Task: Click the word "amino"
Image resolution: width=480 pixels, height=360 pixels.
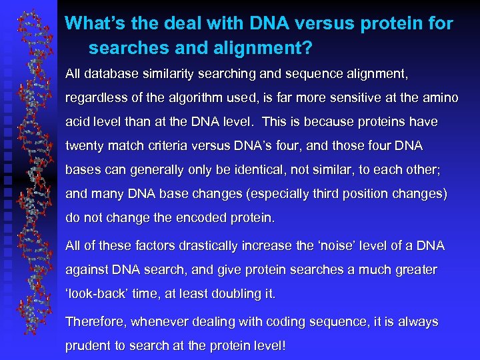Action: tap(437, 98)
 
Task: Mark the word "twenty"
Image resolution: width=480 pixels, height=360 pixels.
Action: tap(83, 145)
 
